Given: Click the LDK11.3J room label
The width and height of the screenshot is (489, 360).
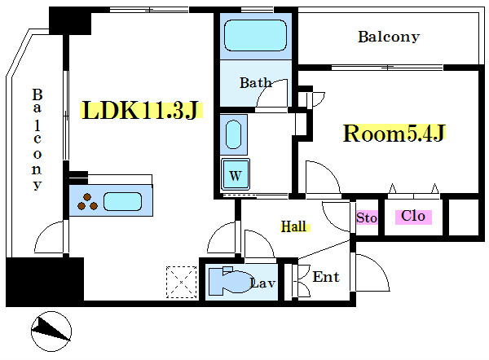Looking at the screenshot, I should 140,111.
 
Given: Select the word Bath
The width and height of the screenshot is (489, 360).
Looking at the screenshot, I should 255,82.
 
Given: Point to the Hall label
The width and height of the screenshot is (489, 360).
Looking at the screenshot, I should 294,226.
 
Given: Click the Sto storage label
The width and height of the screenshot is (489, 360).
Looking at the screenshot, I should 367,217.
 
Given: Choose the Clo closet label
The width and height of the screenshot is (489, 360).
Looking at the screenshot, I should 413,217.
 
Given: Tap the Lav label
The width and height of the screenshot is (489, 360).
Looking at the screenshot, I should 262,283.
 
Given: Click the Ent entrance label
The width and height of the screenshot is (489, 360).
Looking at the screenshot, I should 326,277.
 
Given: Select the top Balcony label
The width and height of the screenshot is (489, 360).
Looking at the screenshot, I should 388,37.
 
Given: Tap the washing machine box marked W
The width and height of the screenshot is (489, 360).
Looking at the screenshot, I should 235,173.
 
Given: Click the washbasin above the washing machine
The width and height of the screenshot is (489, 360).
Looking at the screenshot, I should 234,134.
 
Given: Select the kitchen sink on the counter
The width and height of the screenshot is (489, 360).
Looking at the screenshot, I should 123,200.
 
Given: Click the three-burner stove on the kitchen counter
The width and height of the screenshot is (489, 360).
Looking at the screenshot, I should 88,201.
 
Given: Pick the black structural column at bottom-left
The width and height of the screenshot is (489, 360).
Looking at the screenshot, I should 45,281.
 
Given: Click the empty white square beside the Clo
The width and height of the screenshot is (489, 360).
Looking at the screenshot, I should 465,217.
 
